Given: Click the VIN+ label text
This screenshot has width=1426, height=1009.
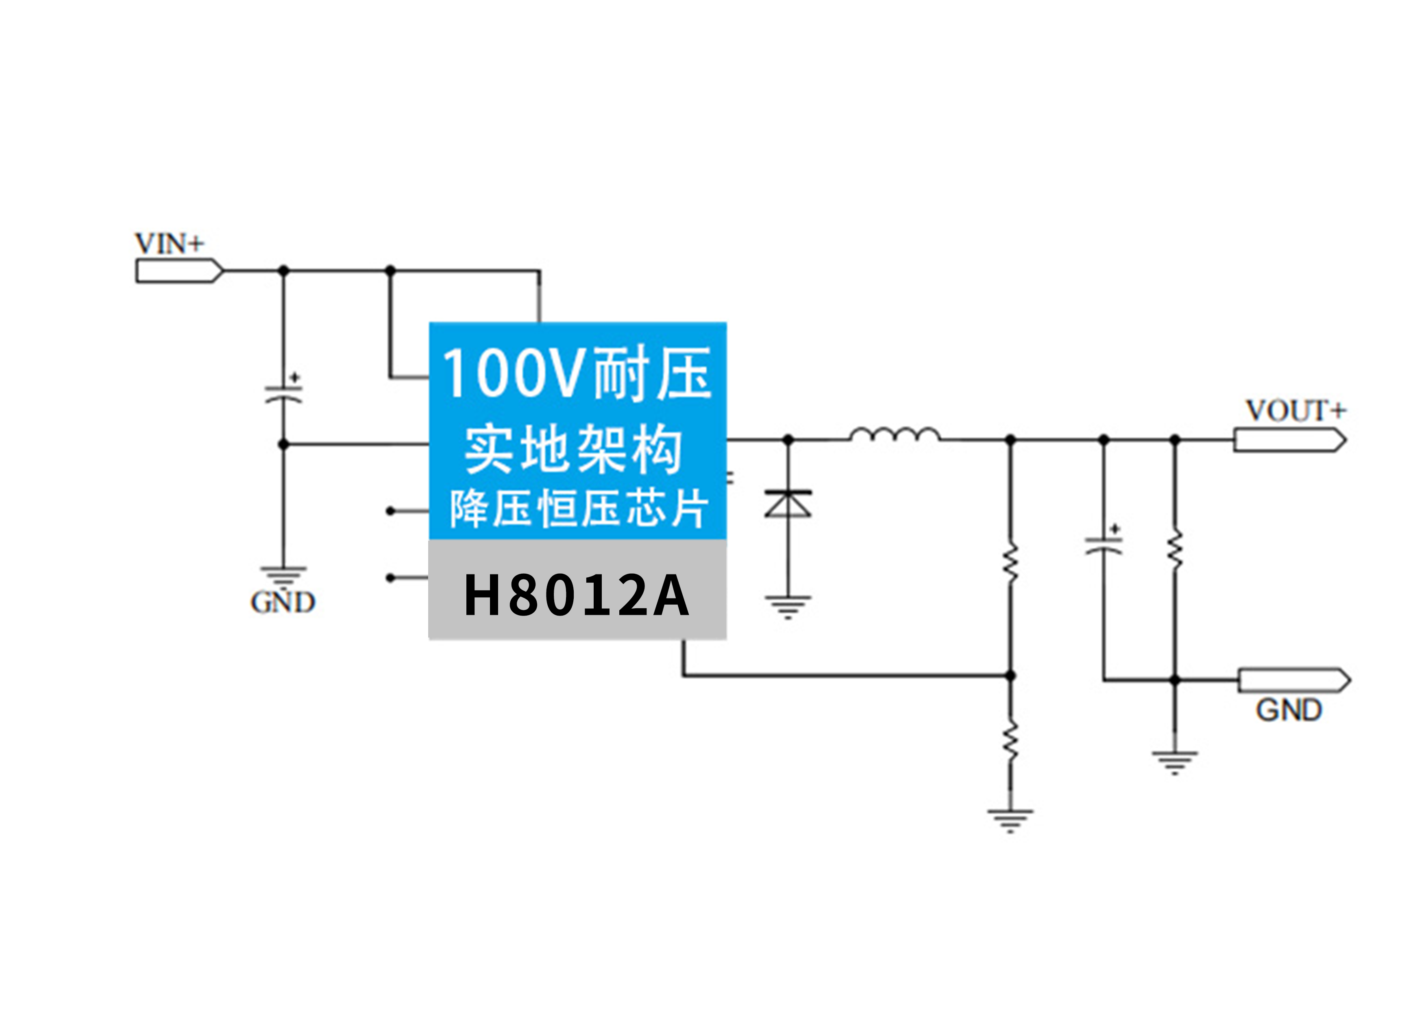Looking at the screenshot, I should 169,244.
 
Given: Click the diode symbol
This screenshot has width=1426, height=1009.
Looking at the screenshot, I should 788,504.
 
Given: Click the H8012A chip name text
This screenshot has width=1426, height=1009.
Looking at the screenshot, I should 576,595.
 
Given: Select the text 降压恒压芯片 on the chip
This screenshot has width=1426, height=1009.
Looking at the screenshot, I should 578,508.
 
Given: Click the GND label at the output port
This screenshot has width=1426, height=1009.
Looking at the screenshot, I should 1289,710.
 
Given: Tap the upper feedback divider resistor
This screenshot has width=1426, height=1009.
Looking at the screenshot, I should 1010,562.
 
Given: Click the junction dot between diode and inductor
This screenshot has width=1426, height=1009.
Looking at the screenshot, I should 788,440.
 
